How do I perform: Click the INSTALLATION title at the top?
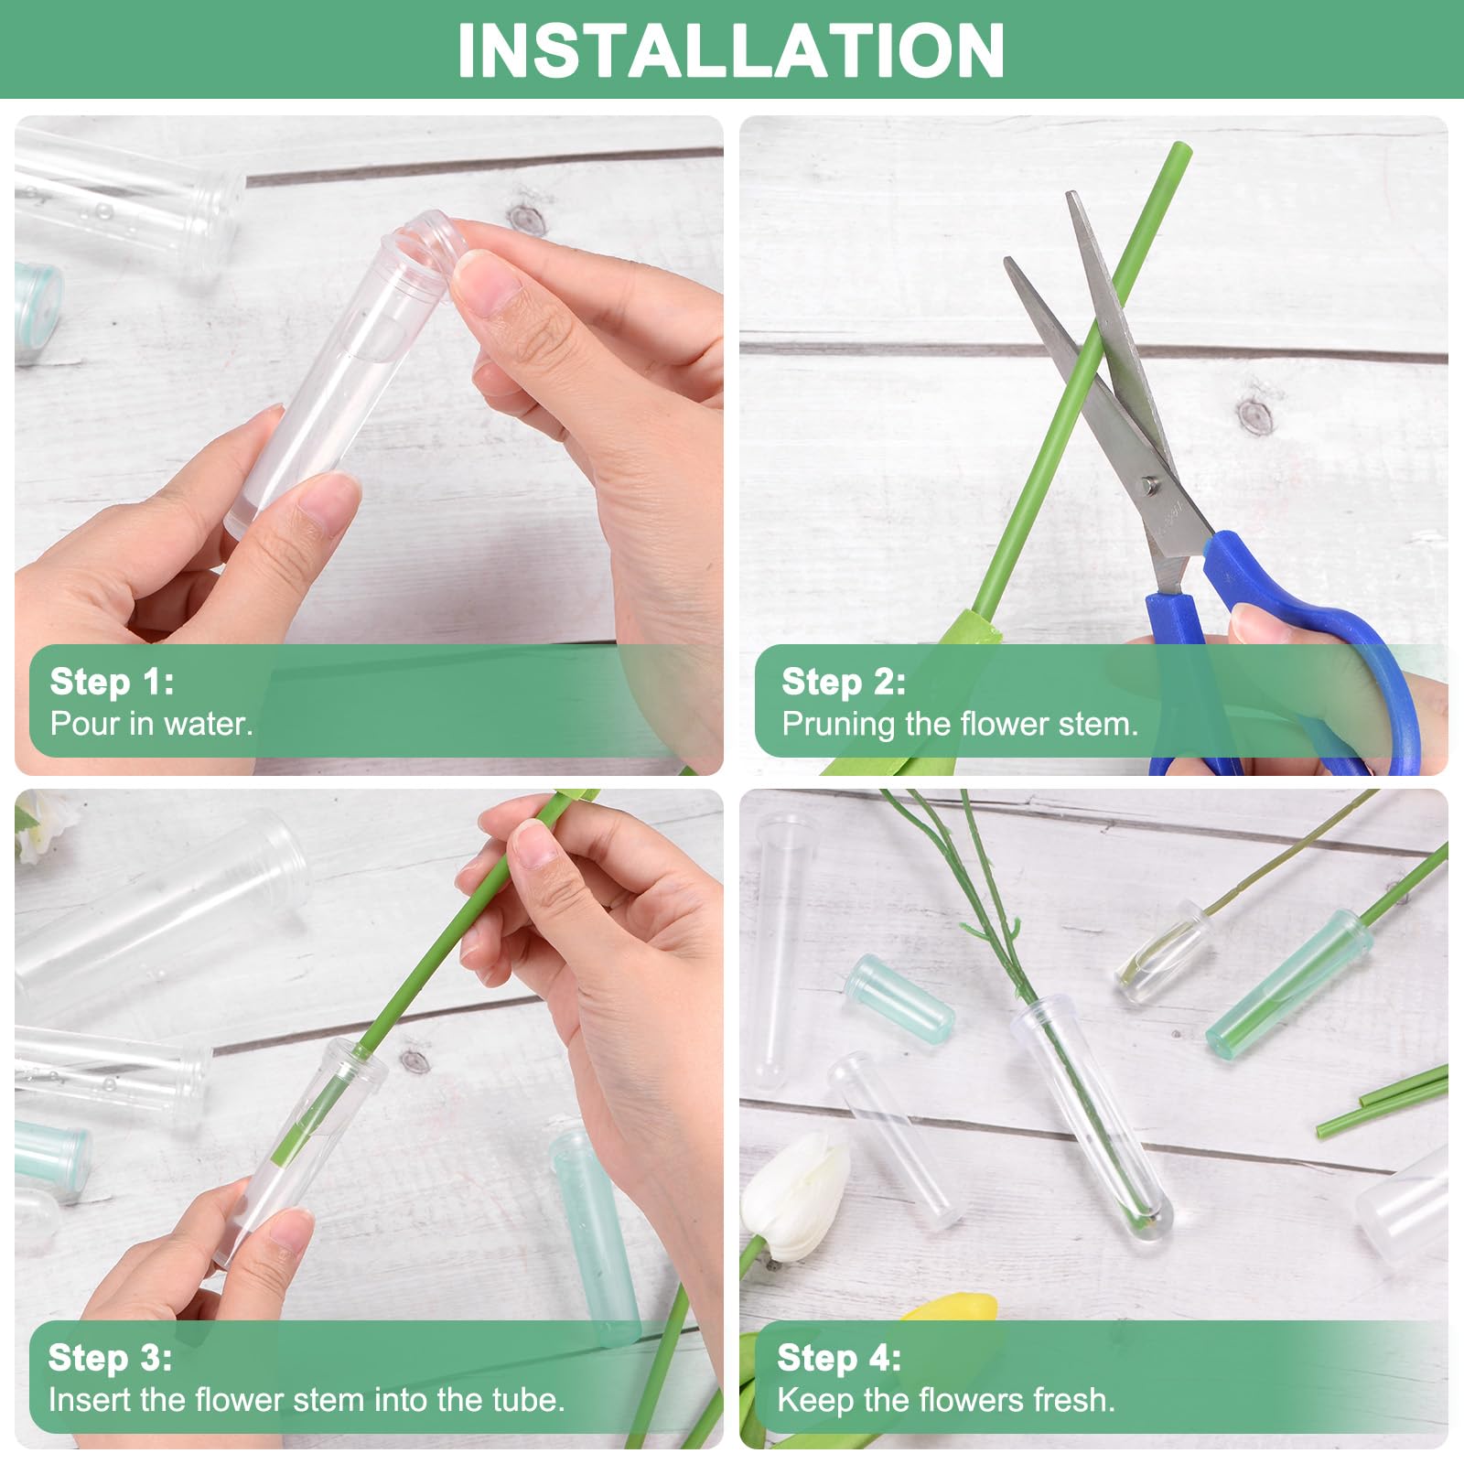731,50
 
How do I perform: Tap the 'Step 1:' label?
112,682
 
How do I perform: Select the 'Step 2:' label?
844,682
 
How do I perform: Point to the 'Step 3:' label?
110,1358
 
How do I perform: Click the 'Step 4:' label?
839,1358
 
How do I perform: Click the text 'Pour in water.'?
151,724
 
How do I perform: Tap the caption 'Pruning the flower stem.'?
960,725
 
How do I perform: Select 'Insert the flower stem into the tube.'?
307,1400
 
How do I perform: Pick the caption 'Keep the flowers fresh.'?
946,1400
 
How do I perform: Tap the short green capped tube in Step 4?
899,996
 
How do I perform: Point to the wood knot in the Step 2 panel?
1255,415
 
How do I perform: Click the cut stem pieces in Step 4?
1382,1100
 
